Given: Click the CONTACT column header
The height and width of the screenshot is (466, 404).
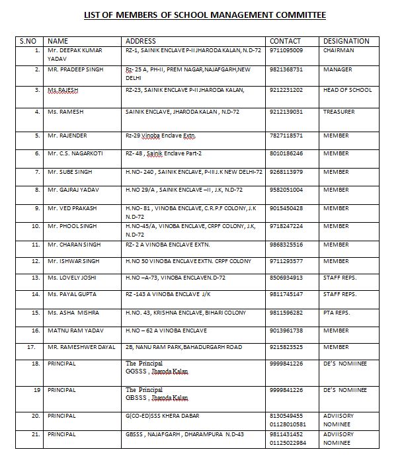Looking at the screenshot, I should [285, 41].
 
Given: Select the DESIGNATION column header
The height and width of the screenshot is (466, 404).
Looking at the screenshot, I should [346, 41].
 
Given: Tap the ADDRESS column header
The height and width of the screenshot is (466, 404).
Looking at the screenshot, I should [140, 41].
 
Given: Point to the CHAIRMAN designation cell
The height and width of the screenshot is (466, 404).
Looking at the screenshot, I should [339, 50].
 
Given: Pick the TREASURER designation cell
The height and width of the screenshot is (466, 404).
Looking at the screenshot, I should [339, 112].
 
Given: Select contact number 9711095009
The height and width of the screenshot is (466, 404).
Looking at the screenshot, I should [287, 50].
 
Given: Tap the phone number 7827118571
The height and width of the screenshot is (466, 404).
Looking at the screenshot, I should [287, 136].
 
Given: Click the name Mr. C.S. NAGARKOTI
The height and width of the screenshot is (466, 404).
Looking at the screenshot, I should [75, 153].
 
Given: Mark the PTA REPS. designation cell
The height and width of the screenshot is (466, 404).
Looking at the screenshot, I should [340, 312].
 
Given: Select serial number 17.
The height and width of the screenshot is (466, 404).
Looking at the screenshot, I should [30, 346].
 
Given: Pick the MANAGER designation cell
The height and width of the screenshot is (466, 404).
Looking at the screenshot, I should [337, 69].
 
